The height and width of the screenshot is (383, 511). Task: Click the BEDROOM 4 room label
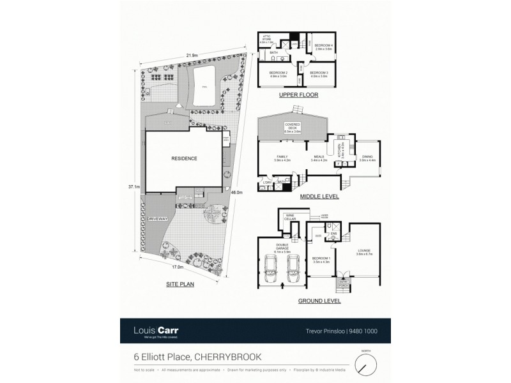point(324,46)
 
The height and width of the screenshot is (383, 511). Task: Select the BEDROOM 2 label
point(278,74)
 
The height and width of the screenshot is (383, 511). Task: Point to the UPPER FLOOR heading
point(298,95)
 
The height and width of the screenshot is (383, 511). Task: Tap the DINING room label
point(367,159)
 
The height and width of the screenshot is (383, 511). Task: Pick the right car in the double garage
point(293,267)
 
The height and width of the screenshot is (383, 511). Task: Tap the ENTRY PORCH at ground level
point(344,282)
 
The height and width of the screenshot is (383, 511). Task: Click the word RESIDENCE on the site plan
point(184,158)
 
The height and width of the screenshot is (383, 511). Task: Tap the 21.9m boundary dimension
point(191,56)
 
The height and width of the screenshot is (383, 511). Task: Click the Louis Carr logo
point(156,331)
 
